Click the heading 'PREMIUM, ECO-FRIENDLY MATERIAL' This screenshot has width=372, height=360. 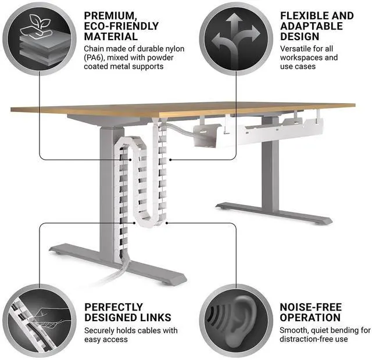coord(121,26)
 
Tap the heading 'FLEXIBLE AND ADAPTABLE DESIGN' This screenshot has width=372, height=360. coord(316,26)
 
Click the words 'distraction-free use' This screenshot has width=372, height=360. coord(313,339)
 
